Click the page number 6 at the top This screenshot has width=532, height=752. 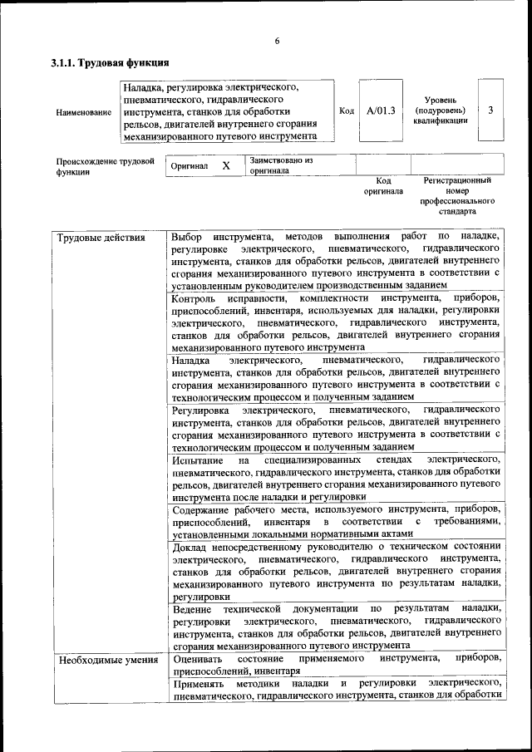tap(277, 42)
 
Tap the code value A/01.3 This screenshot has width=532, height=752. tap(381, 110)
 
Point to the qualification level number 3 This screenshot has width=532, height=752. tap(491, 110)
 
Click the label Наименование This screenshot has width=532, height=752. tap(83, 111)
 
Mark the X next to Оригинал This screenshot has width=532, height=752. tap(225, 166)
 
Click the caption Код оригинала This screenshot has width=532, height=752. tap(383, 185)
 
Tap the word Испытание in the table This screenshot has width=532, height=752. tap(197, 459)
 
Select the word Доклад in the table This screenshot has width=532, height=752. tap(190, 547)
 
